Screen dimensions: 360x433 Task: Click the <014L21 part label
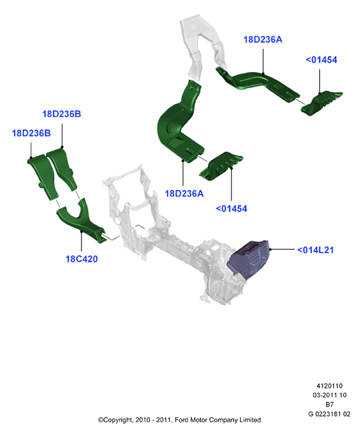click(x=315, y=250)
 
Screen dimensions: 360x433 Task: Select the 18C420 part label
click(x=81, y=259)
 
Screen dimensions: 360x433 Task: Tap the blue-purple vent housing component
click(x=248, y=258)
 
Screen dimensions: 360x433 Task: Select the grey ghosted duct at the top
click(x=203, y=44)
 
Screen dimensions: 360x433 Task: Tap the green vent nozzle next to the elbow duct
click(x=221, y=167)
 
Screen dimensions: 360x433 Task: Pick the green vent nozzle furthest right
click(x=321, y=103)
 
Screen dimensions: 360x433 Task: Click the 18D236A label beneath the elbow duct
click(x=184, y=194)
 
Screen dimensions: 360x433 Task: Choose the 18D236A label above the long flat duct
click(x=263, y=39)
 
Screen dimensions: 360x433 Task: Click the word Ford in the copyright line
click(x=181, y=420)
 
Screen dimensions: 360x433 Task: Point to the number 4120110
click(x=329, y=386)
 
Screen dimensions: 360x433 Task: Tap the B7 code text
click(x=329, y=404)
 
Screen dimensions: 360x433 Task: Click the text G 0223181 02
click(x=329, y=414)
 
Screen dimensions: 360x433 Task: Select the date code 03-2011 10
click(x=329, y=395)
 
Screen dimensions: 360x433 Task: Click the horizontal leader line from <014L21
click(x=282, y=249)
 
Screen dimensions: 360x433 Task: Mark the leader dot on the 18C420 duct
click(x=81, y=231)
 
